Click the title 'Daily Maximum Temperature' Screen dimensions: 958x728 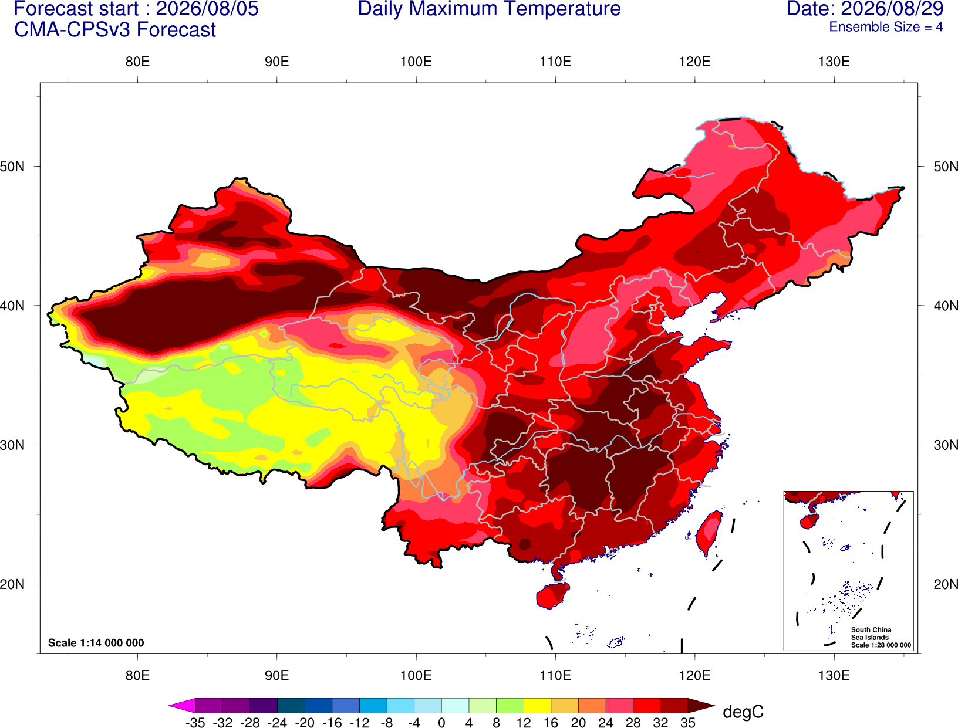[489, 9]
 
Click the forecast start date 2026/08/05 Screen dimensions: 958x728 [207, 9]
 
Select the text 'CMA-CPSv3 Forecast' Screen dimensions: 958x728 [115, 30]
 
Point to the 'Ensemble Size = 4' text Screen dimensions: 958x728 [886, 27]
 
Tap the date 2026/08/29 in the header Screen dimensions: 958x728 [893, 9]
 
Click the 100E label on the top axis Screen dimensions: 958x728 [416, 62]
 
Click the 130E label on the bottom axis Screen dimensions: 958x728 [834, 676]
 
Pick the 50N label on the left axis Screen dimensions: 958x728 [12, 166]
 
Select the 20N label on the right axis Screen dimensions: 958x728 [946, 584]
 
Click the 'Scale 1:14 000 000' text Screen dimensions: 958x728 [96, 643]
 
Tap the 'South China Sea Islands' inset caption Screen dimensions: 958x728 [871, 634]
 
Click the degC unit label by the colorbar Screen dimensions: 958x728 [743, 712]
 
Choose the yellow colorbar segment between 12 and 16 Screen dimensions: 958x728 [537, 705]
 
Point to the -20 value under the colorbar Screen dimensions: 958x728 [305, 723]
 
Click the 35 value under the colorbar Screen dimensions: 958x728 [688, 723]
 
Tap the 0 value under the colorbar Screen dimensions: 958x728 [441, 723]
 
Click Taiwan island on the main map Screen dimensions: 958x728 [709, 533]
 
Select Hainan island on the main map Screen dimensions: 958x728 [552, 595]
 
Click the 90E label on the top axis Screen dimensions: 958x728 [276, 62]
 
